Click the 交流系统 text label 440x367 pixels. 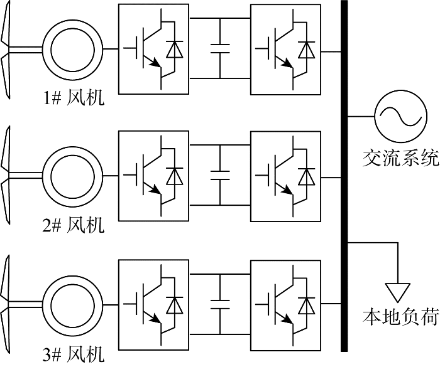pyautogui.click(x=400, y=158)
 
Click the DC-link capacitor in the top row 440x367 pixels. pyautogui.click(x=220, y=49)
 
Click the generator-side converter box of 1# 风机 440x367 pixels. pyautogui.click(x=154, y=49)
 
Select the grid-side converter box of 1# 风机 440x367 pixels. pyautogui.click(x=285, y=49)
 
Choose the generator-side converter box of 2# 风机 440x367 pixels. pyautogui.click(x=154, y=175)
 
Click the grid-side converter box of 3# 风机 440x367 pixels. pyautogui.click(x=285, y=302)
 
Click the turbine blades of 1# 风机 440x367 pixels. pyautogui.click(x=8, y=48)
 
